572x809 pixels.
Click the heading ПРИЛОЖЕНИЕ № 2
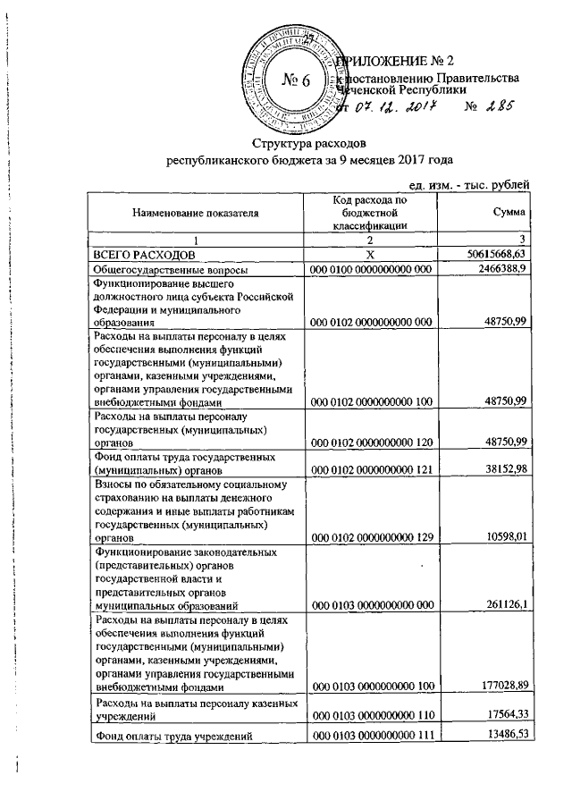pos(400,62)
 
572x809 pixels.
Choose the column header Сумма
pos(508,214)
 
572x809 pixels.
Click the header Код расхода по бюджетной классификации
pos(369,214)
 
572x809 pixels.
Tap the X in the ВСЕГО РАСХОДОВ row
pos(370,256)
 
